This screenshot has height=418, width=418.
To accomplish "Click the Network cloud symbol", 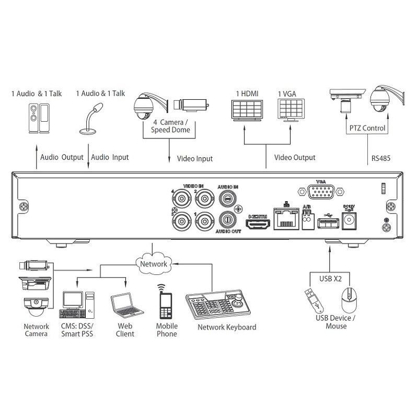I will pyautogui.click(x=153, y=263).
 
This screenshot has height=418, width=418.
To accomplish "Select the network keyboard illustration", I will pyautogui.click(x=221, y=306).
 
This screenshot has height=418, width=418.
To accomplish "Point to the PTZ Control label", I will pyautogui.click(x=366, y=128).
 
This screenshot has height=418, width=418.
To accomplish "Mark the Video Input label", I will pyautogui.click(x=195, y=158).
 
